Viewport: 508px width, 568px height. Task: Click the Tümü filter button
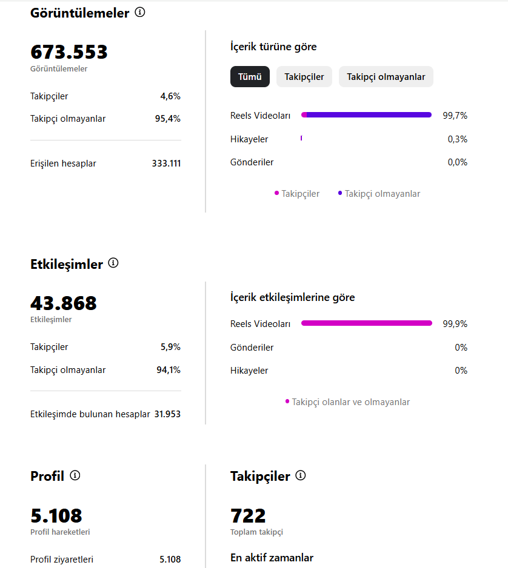(x=250, y=76)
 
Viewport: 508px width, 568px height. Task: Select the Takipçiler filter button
(x=304, y=76)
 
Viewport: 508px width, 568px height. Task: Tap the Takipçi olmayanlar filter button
(x=386, y=76)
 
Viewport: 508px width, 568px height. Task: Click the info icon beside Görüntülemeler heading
(x=140, y=12)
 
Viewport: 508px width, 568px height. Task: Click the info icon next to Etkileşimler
(x=113, y=263)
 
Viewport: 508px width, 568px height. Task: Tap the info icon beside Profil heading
(x=75, y=475)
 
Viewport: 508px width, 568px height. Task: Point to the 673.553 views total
(x=69, y=52)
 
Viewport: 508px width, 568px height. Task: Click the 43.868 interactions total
(x=64, y=303)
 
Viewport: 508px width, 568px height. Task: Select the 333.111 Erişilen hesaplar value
(x=166, y=163)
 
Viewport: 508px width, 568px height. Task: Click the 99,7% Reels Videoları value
(x=455, y=116)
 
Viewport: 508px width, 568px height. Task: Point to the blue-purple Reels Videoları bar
(x=366, y=115)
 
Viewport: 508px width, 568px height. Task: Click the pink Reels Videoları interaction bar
(x=367, y=323)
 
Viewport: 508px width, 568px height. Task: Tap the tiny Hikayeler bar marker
(x=301, y=138)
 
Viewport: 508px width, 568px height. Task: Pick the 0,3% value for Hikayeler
(x=457, y=139)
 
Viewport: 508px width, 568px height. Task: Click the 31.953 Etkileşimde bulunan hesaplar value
(x=167, y=414)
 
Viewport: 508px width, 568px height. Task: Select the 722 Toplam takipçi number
(x=248, y=516)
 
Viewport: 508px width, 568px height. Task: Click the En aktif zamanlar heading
(x=272, y=558)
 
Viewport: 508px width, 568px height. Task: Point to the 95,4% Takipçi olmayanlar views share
(x=167, y=119)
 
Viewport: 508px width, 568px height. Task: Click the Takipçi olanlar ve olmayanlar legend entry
(x=348, y=402)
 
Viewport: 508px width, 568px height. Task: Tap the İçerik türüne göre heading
(x=273, y=47)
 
